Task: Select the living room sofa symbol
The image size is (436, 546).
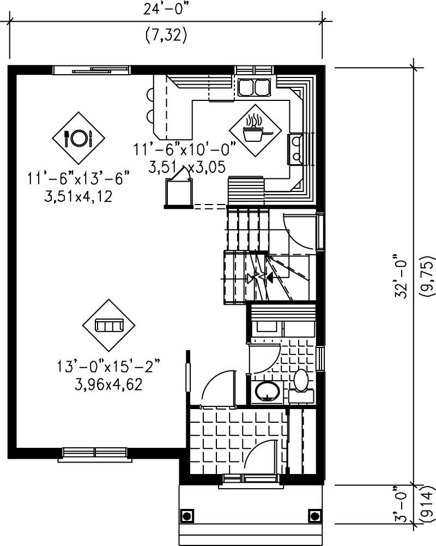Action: coord(107,326)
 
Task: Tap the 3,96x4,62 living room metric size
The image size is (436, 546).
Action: coord(108,385)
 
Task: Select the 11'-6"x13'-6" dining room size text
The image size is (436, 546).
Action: coord(79,178)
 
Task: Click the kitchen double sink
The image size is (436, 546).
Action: coord(254,87)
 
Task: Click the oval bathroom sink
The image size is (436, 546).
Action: coord(267,391)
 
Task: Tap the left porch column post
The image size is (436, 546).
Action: coord(186,515)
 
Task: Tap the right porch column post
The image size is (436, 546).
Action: coord(314,515)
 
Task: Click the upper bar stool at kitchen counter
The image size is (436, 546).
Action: coord(150,94)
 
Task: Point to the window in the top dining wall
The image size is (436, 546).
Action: coord(91,69)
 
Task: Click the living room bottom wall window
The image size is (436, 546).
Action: coord(95,452)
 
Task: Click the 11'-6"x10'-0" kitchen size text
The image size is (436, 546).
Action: coord(184,148)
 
